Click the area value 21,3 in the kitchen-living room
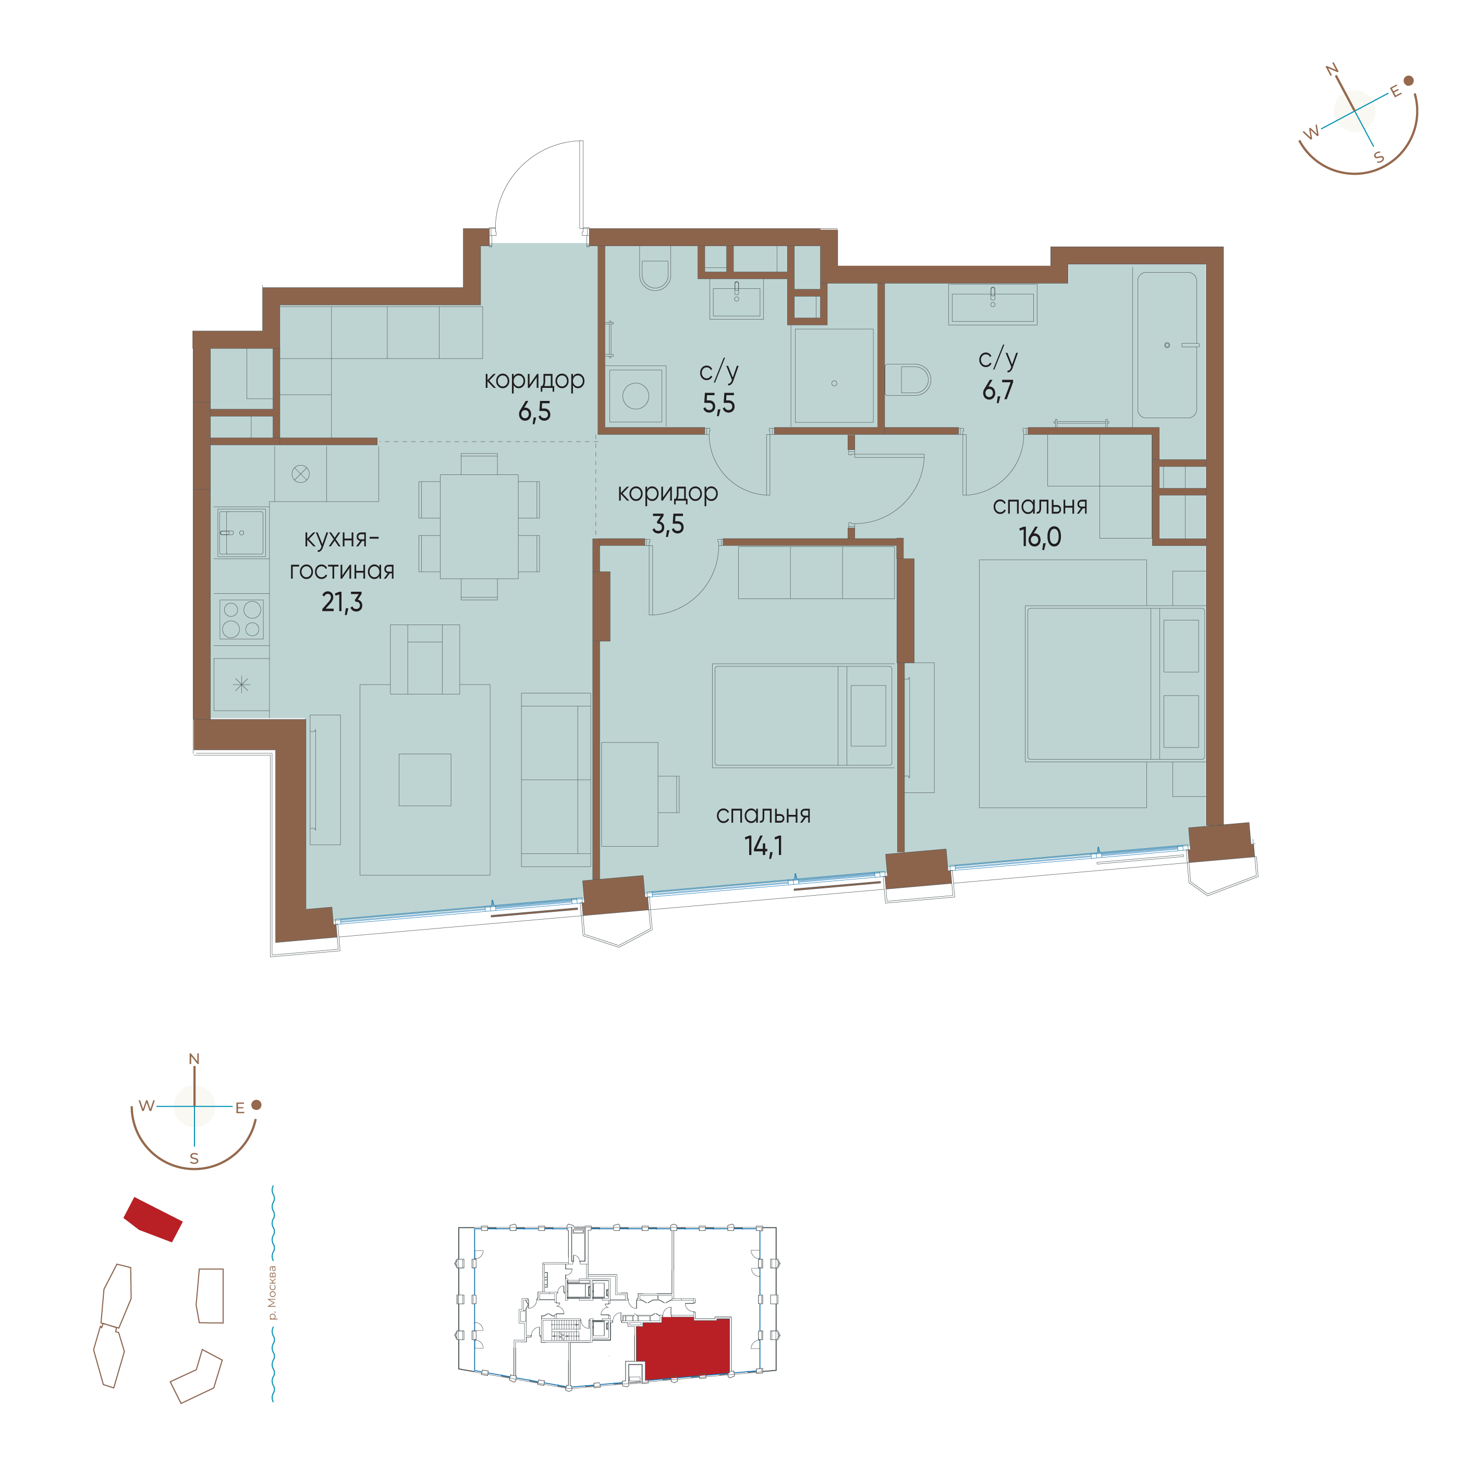(342, 603)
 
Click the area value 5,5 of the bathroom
(719, 403)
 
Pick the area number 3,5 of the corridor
(668, 524)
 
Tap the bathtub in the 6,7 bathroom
(1167, 345)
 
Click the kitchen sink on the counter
(242, 532)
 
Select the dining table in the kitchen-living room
(479, 527)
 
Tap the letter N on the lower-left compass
(194, 1059)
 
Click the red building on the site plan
(153, 1219)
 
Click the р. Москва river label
(272, 1293)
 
